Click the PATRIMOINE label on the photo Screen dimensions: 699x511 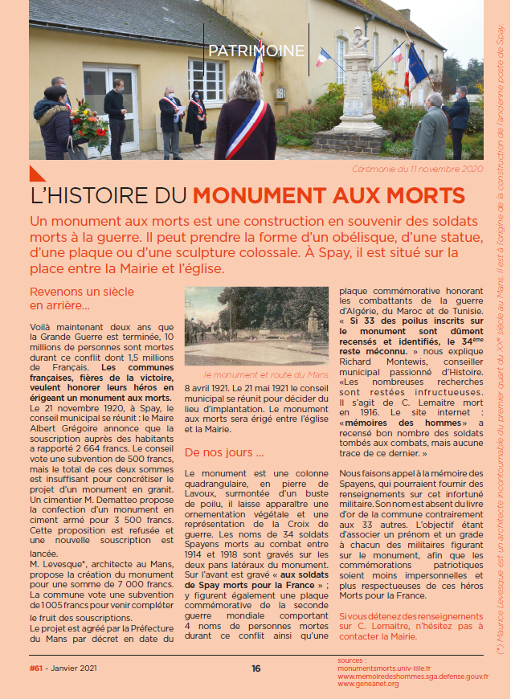coord(256,51)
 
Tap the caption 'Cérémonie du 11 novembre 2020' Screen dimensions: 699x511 coord(418,170)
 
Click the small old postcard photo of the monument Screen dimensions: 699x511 coord(258,325)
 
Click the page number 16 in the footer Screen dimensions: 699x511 coord(255,668)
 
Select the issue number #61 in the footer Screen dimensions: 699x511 coord(36,668)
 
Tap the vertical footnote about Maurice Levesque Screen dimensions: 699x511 coord(500,345)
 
